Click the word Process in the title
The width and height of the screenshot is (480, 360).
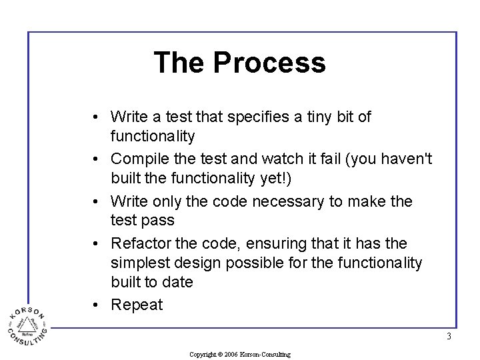269,63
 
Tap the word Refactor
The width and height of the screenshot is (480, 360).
141,244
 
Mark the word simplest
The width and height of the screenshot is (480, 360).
139,263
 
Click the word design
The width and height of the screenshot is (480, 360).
197,263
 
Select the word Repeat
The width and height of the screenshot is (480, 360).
137,305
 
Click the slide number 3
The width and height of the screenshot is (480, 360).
449,337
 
